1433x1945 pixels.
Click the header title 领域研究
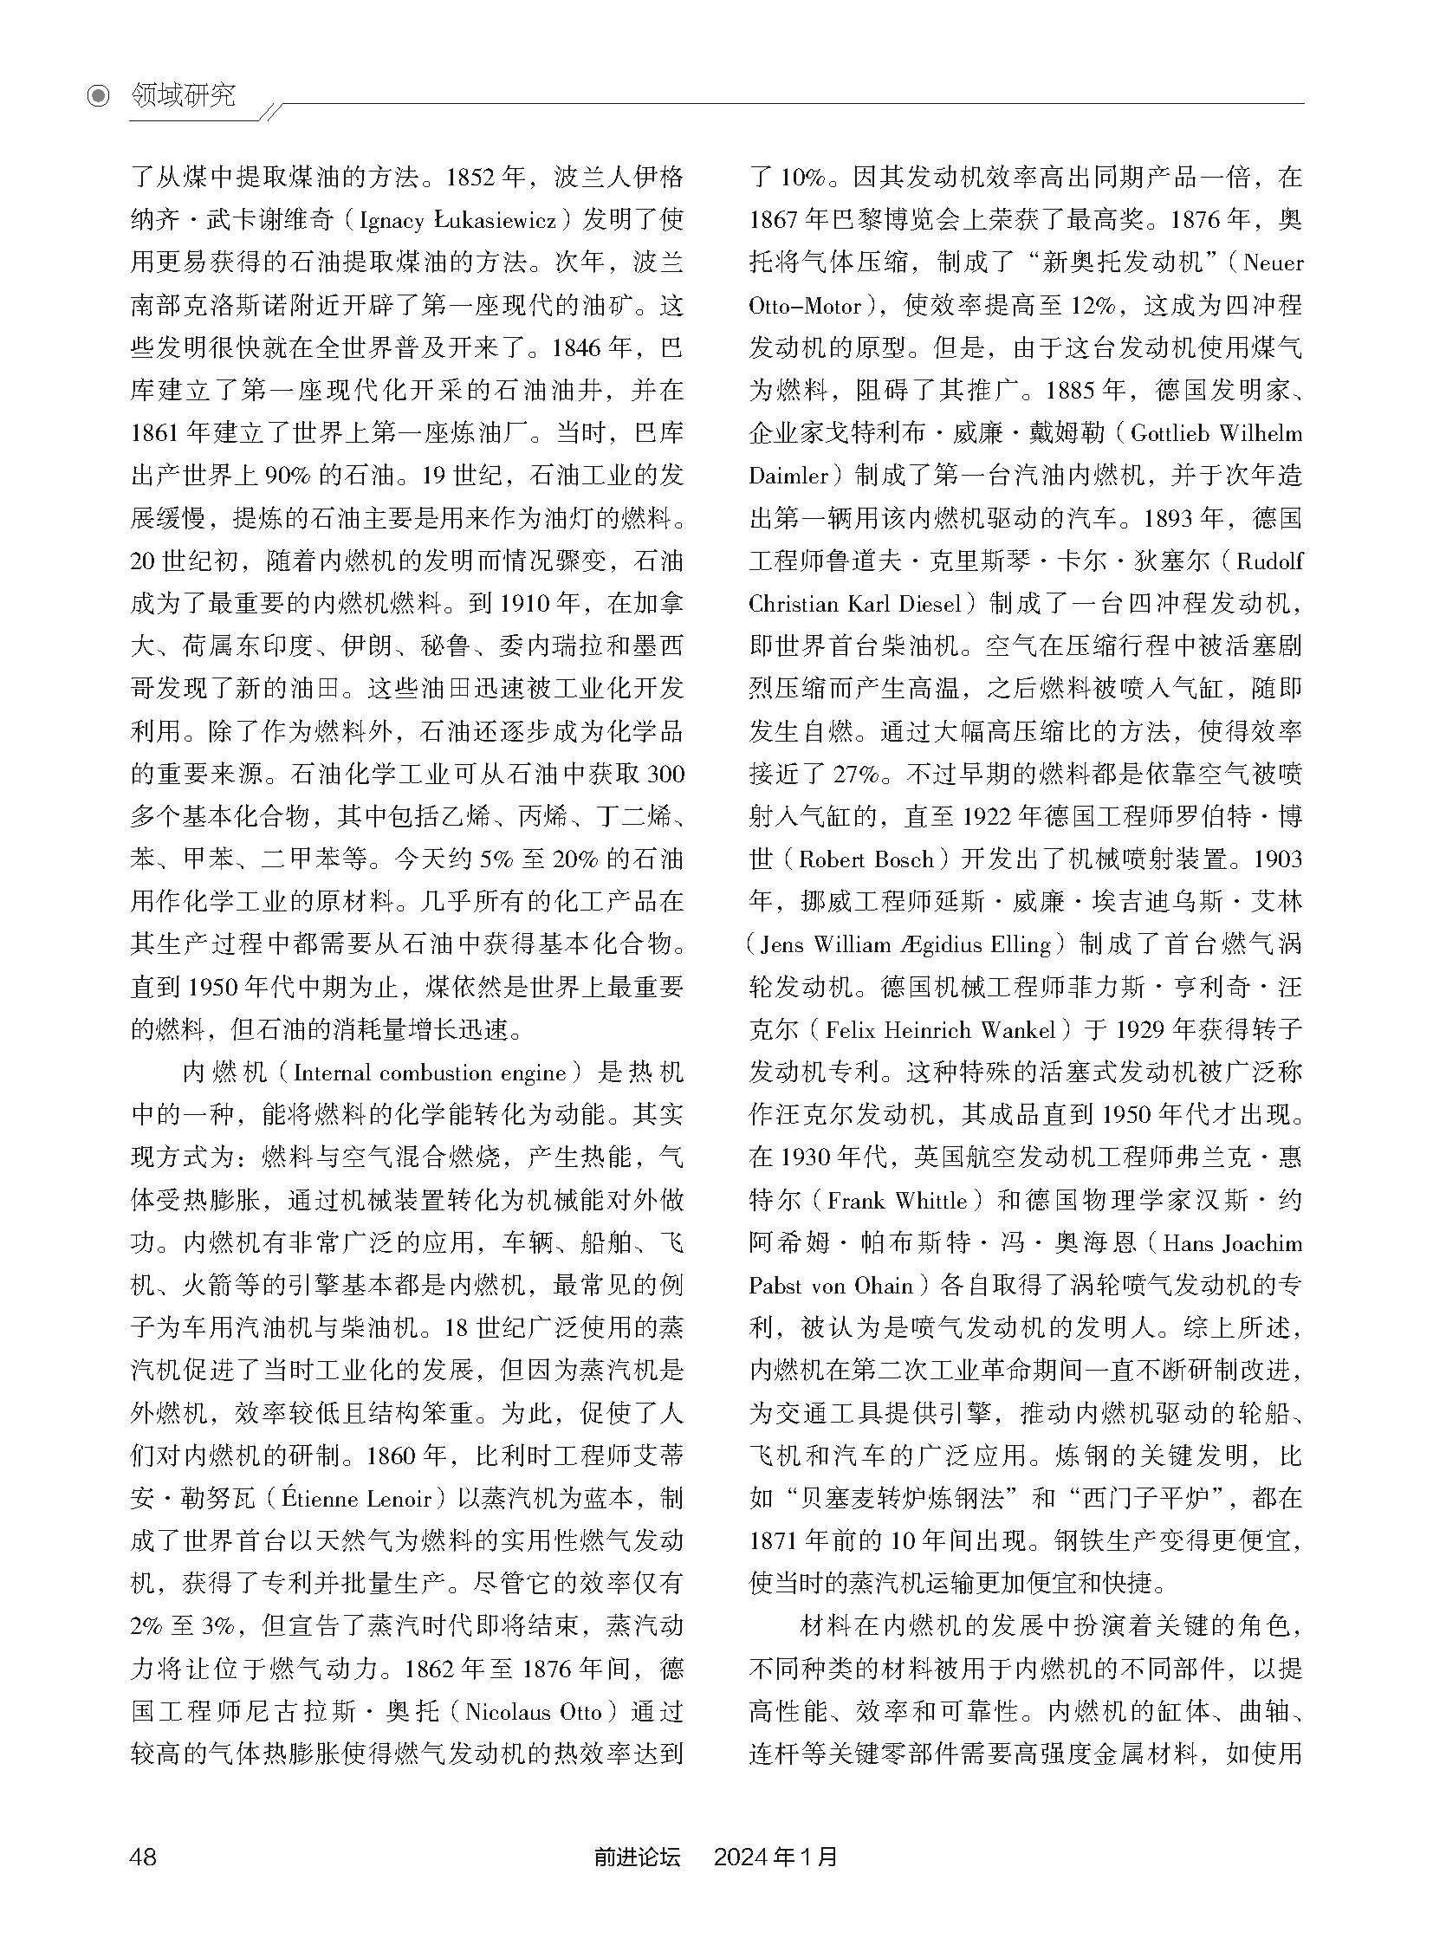(x=183, y=95)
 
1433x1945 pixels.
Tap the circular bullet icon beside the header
(x=100, y=95)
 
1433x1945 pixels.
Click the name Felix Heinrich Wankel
(x=941, y=1031)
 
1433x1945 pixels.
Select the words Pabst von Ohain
(x=832, y=1287)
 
